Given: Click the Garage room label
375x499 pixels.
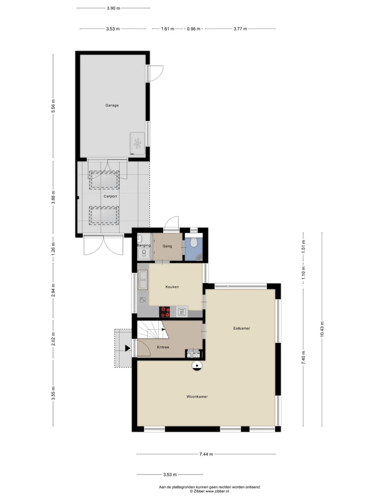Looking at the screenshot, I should (x=112, y=106).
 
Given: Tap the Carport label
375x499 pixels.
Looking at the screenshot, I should (x=110, y=196).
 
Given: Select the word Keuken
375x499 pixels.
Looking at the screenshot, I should (x=172, y=287).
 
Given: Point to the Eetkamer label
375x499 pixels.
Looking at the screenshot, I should (x=241, y=328).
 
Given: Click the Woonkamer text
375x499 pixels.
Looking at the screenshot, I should (x=197, y=397).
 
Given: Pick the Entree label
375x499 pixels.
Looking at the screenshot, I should (x=162, y=347).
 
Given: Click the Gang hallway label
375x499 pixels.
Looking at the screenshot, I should (x=168, y=246).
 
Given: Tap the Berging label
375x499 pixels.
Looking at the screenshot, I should (x=144, y=245).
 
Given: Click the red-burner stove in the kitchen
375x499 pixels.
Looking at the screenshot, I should (x=166, y=311).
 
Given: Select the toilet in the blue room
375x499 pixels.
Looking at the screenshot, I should (x=193, y=243).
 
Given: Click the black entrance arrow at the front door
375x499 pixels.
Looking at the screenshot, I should (x=128, y=349).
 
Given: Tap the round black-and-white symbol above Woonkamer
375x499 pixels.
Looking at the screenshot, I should (x=197, y=366).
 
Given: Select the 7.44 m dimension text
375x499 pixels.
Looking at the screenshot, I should (x=206, y=454).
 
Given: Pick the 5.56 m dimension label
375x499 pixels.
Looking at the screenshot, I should (x=53, y=106).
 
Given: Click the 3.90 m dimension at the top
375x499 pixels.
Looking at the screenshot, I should (x=113, y=8).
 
